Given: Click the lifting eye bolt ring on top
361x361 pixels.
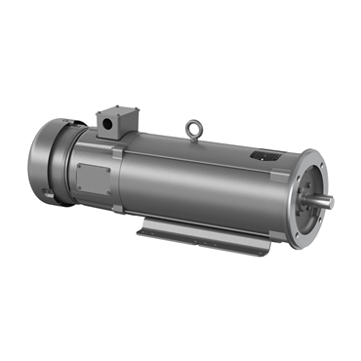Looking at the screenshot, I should [194, 125].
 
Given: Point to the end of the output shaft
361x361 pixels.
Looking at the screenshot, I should [330, 202].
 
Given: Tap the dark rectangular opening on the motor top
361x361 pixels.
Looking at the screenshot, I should [262, 153].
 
